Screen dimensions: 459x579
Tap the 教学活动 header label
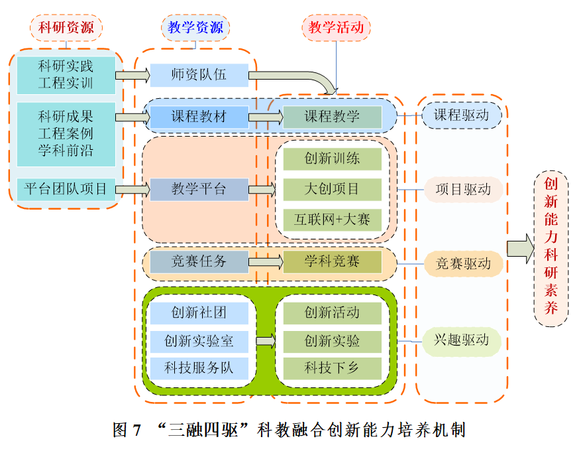(x=336, y=28)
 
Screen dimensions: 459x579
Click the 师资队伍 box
(x=199, y=75)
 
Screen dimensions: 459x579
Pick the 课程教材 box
(x=199, y=117)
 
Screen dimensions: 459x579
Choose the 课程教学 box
(x=333, y=117)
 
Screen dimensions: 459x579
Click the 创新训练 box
(x=333, y=159)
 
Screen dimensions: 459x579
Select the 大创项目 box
(x=333, y=189)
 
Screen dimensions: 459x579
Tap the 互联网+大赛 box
(x=333, y=219)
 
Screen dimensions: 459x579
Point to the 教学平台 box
(x=199, y=189)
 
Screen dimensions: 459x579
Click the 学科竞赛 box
(x=333, y=262)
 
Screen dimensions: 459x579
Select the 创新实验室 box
(x=199, y=342)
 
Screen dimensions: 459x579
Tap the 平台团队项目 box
(x=66, y=189)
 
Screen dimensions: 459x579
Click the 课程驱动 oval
(x=462, y=115)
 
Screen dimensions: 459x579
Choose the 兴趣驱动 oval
(x=462, y=341)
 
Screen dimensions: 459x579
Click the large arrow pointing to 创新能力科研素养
(x=520, y=248)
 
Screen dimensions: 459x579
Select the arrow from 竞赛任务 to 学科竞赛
(x=266, y=262)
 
